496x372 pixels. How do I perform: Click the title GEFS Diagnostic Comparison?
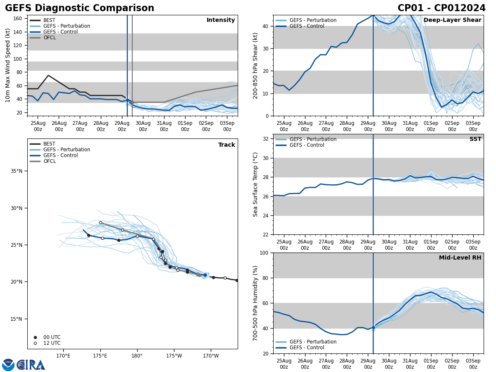[x=79, y=8]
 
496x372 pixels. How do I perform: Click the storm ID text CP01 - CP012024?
[x=441, y=8]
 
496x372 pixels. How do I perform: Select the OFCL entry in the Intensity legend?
[x=49, y=38]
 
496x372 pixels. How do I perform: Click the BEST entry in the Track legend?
[x=49, y=144]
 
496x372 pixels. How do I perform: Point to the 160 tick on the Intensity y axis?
[x=18, y=19]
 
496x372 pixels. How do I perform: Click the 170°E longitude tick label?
[x=63, y=356]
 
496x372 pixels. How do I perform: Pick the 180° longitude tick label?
[x=137, y=356]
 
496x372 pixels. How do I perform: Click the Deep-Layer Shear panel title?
[x=452, y=20]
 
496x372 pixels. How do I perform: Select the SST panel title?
[x=475, y=139]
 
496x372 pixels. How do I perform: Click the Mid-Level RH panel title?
[x=460, y=258]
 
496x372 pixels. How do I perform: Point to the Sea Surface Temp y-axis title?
[x=255, y=184]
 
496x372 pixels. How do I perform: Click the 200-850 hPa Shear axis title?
[x=255, y=65]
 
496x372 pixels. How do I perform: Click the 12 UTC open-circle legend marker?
[x=35, y=343]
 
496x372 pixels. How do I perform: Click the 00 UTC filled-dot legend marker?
[x=35, y=337]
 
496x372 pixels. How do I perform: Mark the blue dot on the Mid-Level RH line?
[x=373, y=328]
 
